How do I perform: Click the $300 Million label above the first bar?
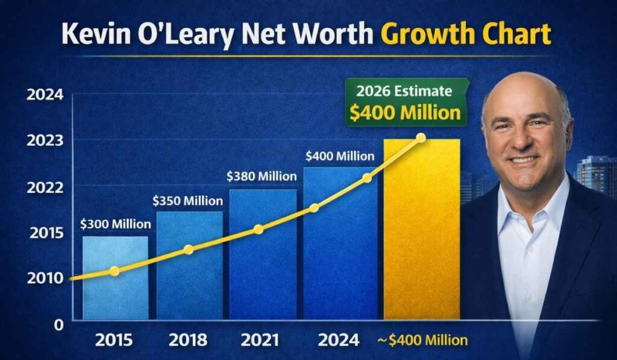point(116,224)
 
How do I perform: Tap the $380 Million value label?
point(262,177)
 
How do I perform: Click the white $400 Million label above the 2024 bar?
point(340,156)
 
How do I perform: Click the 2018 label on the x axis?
point(189,339)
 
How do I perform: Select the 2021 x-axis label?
point(262,339)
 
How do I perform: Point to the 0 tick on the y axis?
point(59,324)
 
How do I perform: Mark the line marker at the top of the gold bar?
point(421,138)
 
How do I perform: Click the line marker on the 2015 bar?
point(114,271)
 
